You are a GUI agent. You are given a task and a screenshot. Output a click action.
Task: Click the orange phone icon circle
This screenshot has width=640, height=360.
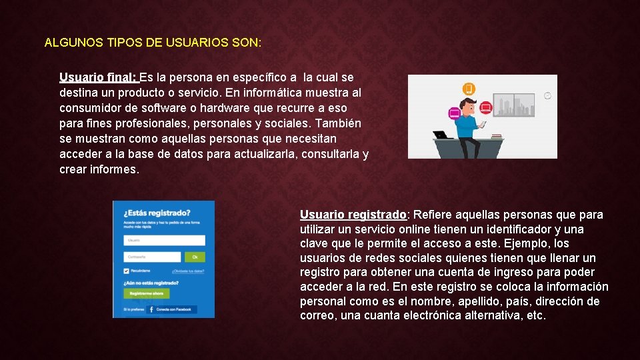click(469, 89)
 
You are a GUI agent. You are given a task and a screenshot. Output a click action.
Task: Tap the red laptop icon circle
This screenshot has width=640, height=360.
click(486, 106)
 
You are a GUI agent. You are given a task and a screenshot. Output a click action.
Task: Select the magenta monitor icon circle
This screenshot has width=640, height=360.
click(455, 113)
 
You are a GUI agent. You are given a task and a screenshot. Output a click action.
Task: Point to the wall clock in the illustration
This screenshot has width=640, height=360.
click(548, 95)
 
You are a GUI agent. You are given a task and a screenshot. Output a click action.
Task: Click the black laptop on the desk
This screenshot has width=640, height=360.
click(441, 135)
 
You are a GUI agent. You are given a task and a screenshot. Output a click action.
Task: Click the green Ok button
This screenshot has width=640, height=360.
click(195, 257)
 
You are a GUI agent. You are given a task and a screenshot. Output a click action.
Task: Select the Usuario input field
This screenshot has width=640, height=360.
click(164, 240)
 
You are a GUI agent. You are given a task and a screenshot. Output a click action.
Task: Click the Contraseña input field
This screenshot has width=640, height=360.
click(152, 257)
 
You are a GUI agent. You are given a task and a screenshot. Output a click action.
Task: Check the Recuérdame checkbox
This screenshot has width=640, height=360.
click(127, 271)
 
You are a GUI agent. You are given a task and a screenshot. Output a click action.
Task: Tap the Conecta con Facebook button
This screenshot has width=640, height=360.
click(170, 309)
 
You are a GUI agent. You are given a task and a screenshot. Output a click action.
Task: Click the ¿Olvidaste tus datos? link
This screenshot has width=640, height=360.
click(188, 271)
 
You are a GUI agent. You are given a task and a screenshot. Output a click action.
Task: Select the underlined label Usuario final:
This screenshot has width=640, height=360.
click(97, 77)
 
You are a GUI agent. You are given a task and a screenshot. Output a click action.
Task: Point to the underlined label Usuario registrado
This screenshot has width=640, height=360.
click(353, 215)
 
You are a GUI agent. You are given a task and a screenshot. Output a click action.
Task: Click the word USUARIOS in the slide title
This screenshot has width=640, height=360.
click(197, 43)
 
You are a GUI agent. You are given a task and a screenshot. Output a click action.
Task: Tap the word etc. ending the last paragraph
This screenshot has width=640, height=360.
click(536, 315)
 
